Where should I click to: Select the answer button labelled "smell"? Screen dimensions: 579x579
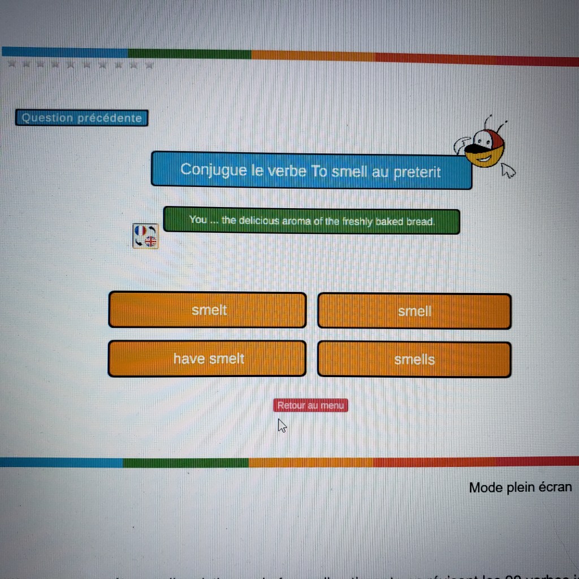(414, 311)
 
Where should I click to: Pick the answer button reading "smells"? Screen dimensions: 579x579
(414, 359)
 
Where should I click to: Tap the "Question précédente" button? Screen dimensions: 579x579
(82, 118)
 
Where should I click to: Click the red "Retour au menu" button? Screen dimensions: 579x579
(310, 405)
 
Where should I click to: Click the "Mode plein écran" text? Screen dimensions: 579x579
(520, 487)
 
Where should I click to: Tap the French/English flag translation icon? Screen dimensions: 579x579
(146, 236)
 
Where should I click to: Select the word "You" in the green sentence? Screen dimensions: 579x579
(198, 219)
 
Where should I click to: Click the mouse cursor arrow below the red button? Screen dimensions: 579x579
(282, 425)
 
